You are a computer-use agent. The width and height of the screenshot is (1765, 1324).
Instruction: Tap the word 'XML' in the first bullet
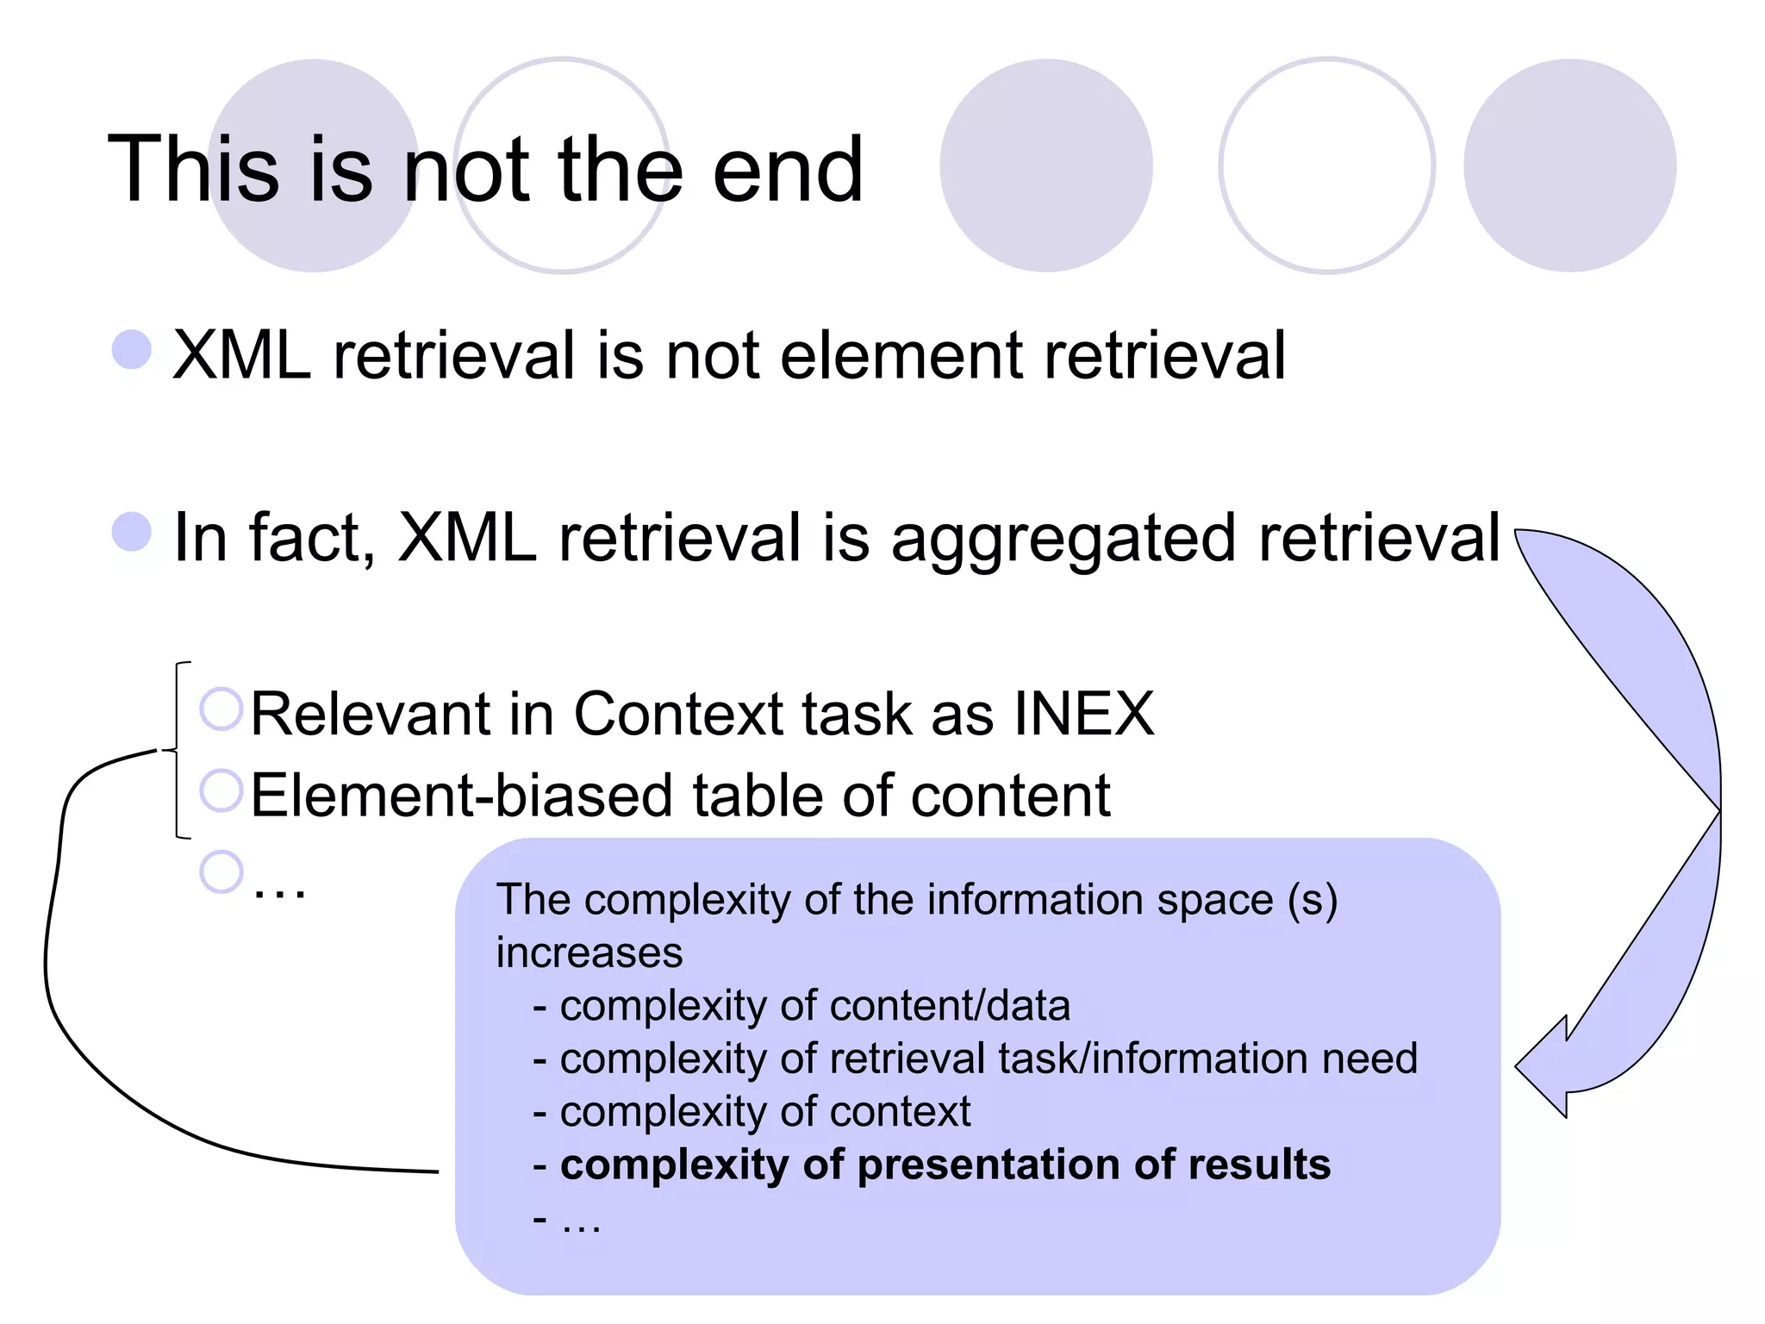pos(242,354)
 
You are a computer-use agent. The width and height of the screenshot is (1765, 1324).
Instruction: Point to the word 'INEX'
pos(1083,714)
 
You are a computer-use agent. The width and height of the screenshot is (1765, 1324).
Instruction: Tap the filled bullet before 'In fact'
pos(132,531)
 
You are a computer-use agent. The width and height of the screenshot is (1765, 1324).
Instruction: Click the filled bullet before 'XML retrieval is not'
pos(132,349)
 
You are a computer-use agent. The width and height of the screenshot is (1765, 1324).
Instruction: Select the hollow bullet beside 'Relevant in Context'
pos(221,709)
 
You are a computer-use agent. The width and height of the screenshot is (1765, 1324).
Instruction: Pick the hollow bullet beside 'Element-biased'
pos(221,790)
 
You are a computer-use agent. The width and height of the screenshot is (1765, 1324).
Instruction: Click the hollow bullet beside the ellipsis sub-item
pos(221,871)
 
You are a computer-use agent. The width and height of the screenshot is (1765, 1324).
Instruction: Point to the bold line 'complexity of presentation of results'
pos(945,1165)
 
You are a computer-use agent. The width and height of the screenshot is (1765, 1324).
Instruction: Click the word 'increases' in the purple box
pos(589,952)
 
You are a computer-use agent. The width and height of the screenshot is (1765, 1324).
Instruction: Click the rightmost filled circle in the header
pos(1569,165)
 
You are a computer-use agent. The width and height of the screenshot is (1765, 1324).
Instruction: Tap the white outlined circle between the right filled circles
pos(1326,165)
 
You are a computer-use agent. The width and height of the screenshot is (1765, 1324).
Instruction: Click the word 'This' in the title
pos(194,170)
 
